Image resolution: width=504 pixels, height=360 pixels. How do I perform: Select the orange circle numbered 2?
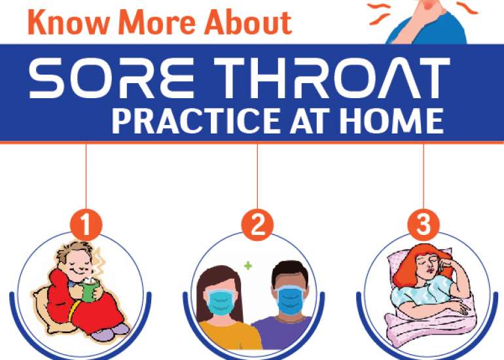[257, 225]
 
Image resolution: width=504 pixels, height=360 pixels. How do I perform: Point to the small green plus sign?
[247, 266]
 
